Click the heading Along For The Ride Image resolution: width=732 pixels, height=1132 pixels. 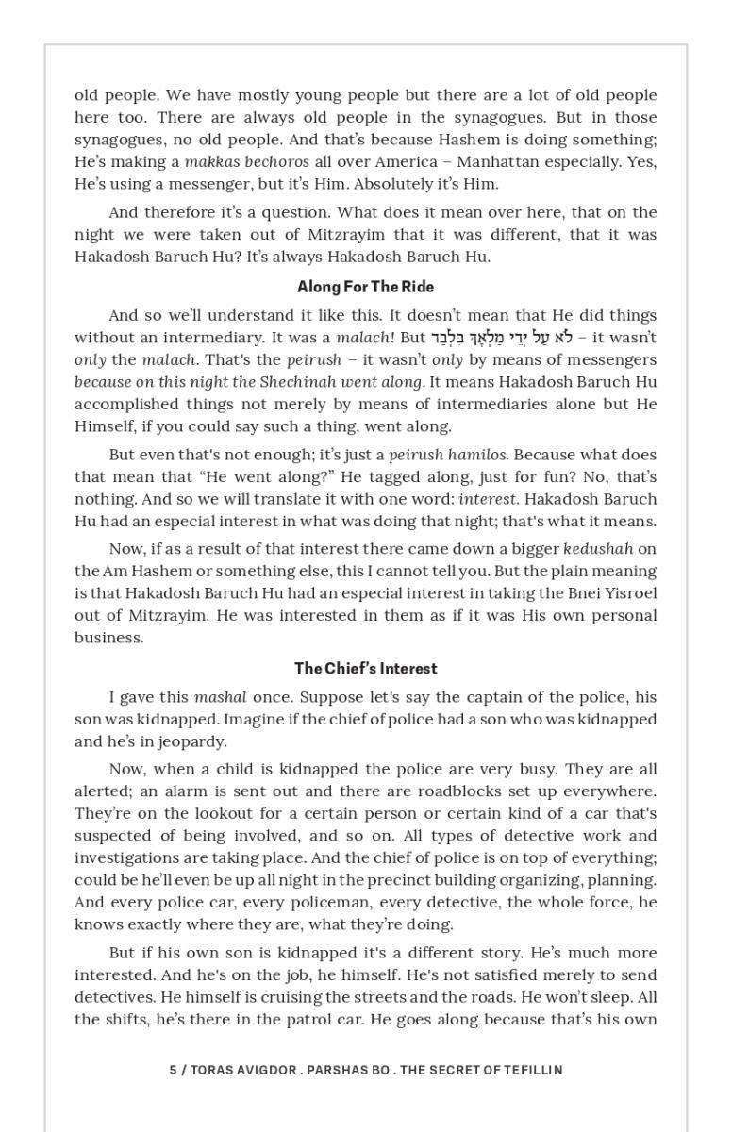[365, 287]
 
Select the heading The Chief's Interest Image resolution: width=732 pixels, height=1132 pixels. [365, 669]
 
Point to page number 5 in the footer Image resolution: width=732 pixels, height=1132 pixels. [173, 1070]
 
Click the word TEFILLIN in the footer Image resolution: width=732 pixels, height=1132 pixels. [529, 1070]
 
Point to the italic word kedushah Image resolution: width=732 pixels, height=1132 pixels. [599, 549]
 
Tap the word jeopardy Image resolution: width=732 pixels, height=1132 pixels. [193, 741]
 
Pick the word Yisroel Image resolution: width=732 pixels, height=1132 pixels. [628, 593]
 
